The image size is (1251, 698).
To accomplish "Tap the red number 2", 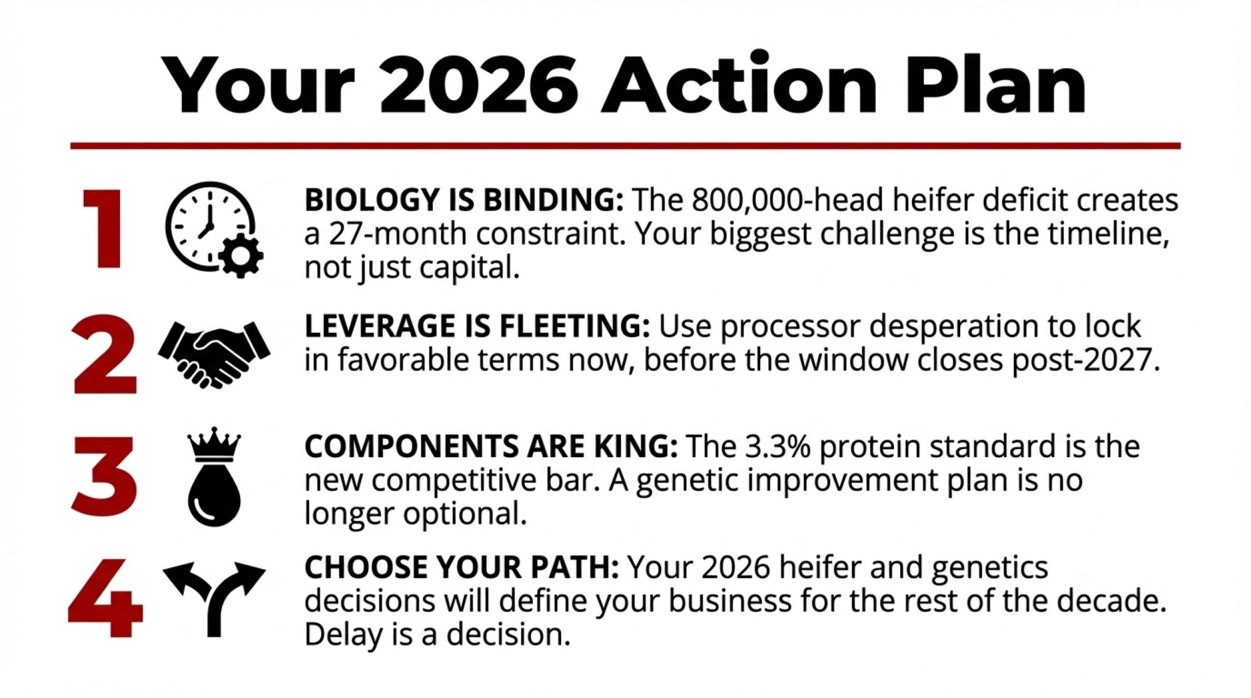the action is [x=104, y=355].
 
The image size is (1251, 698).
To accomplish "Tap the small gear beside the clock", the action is [x=241, y=255].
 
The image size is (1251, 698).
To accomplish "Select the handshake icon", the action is [x=215, y=354].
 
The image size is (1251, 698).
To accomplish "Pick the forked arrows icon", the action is [x=215, y=599].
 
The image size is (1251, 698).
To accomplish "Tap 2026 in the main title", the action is [x=479, y=85].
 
